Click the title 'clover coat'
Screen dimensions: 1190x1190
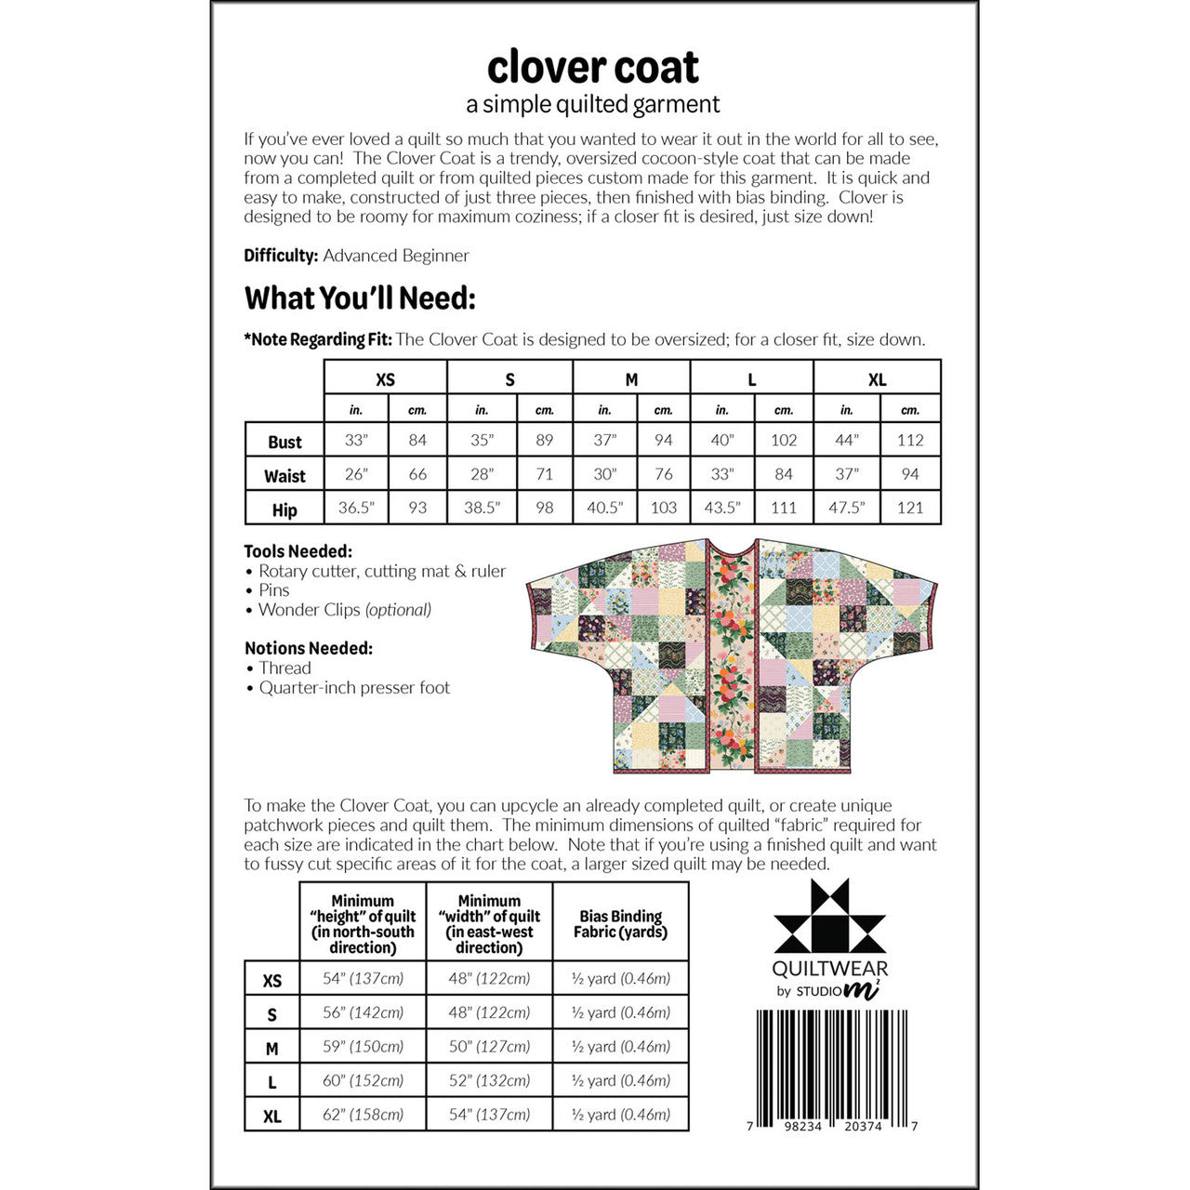tap(593, 68)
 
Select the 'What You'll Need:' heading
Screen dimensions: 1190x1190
tap(360, 298)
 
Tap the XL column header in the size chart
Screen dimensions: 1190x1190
tap(877, 379)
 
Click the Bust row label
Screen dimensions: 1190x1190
tap(284, 442)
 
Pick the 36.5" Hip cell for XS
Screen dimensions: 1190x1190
tap(356, 509)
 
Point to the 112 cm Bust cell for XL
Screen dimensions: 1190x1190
tap(910, 441)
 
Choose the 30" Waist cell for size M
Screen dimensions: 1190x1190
tap(604, 474)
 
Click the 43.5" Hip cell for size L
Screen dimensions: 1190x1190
tap(721, 509)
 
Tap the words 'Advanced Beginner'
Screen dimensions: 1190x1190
tap(396, 256)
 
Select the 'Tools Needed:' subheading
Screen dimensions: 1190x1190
tap(298, 551)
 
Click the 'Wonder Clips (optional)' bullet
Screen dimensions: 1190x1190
tap(344, 610)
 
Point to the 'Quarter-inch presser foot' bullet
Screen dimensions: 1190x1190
tap(354, 688)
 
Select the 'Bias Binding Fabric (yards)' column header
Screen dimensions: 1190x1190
tap(620, 924)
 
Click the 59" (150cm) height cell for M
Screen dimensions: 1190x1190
tap(363, 1046)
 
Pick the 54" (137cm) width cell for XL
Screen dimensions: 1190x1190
tap(489, 1114)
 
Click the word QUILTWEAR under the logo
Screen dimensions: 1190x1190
tap(830, 970)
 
